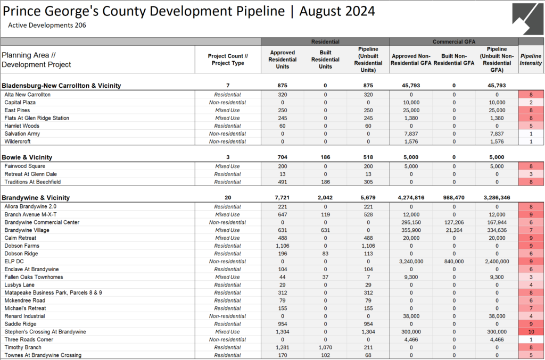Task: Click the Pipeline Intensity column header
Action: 531,59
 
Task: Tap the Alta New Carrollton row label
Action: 27,95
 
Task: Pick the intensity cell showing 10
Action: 531,332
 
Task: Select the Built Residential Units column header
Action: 325,59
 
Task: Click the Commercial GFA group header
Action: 453,41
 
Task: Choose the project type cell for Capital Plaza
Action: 228,103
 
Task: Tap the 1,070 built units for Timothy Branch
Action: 325,347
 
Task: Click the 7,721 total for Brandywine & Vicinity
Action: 283,198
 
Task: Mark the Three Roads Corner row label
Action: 29,339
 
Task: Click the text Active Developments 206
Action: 47,24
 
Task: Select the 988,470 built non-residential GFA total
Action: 454,198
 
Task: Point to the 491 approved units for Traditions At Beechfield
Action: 283,182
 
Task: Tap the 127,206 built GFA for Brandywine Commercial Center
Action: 454,222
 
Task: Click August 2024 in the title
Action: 337,11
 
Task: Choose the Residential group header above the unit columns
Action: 325,41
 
